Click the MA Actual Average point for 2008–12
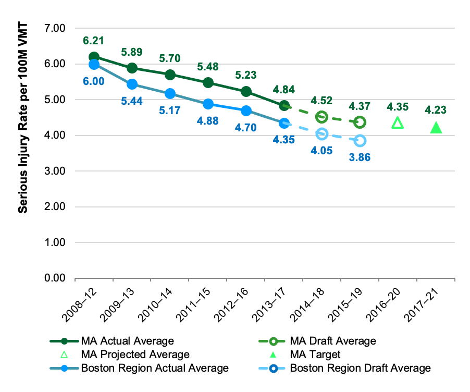pyautogui.click(x=94, y=57)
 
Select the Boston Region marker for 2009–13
pyautogui.click(x=132, y=84)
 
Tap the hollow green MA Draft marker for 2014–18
pyautogui.click(x=321, y=117)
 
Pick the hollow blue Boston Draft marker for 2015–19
pyautogui.click(x=360, y=141)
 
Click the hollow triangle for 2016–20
pyautogui.click(x=398, y=123)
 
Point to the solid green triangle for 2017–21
pyautogui.click(x=436, y=127)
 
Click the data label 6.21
pyautogui.click(x=94, y=40)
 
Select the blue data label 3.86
pyautogui.click(x=360, y=157)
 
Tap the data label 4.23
pyautogui.click(x=436, y=110)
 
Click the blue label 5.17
pyautogui.click(x=170, y=111)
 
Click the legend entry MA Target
pyautogui.click(x=315, y=354)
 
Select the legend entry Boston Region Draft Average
pyautogui.click(x=360, y=368)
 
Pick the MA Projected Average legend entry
pyautogui.click(x=134, y=354)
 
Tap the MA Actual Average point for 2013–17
pyautogui.click(x=284, y=106)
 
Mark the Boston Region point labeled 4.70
pyautogui.click(x=246, y=111)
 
